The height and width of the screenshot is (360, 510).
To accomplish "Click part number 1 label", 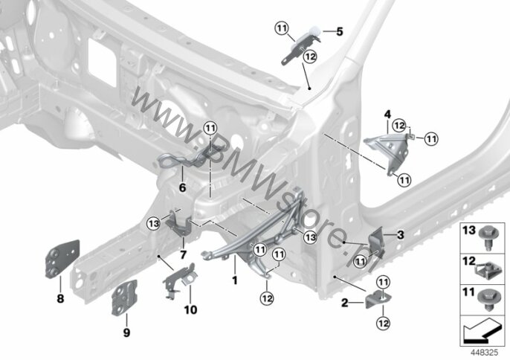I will coord(234,280).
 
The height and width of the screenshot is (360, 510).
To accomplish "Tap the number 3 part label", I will coord(400,235).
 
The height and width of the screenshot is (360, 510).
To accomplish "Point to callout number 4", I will coord(387,114).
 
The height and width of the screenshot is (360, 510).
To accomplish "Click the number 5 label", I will coord(340,32).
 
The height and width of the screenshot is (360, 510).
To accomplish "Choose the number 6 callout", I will coord(181,187).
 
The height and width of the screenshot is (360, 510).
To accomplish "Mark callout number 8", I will coord(60,299).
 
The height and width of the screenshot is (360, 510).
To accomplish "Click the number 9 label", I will coord(126,332).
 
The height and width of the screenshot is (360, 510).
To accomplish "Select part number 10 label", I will coord(190,308).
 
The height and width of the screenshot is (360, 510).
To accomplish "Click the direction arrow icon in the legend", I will coord(482,327).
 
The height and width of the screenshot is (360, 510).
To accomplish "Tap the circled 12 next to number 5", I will coord(310,57).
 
